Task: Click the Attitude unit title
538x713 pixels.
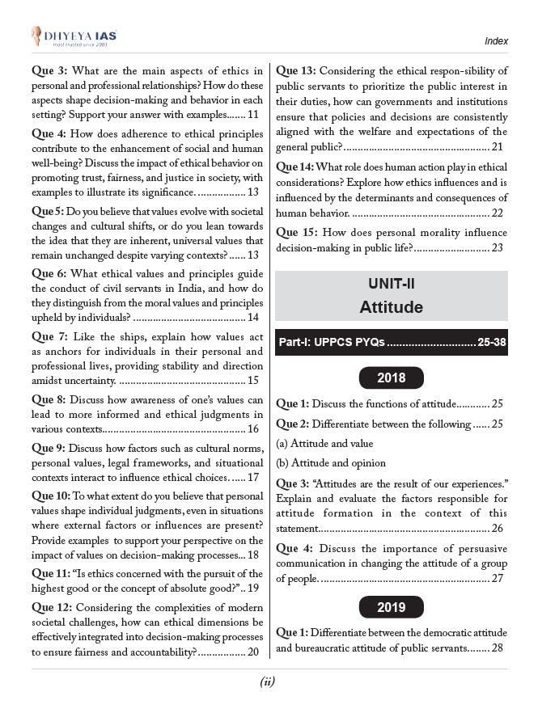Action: tap(392, 307)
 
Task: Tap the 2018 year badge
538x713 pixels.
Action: tap(392, 378)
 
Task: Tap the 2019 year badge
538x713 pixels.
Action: tap(392, 607)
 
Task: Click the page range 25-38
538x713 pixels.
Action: tap(492, 343)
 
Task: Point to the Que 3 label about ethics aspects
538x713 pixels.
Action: tap(50, 70)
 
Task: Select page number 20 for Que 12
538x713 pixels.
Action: tap(253, 652)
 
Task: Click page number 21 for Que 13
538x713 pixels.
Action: tap(498, 146)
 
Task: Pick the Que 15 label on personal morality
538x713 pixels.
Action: tap(298, 233)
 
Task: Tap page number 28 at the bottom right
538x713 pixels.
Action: tap(498, 648)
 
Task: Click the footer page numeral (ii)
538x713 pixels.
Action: tap(269, 681)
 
